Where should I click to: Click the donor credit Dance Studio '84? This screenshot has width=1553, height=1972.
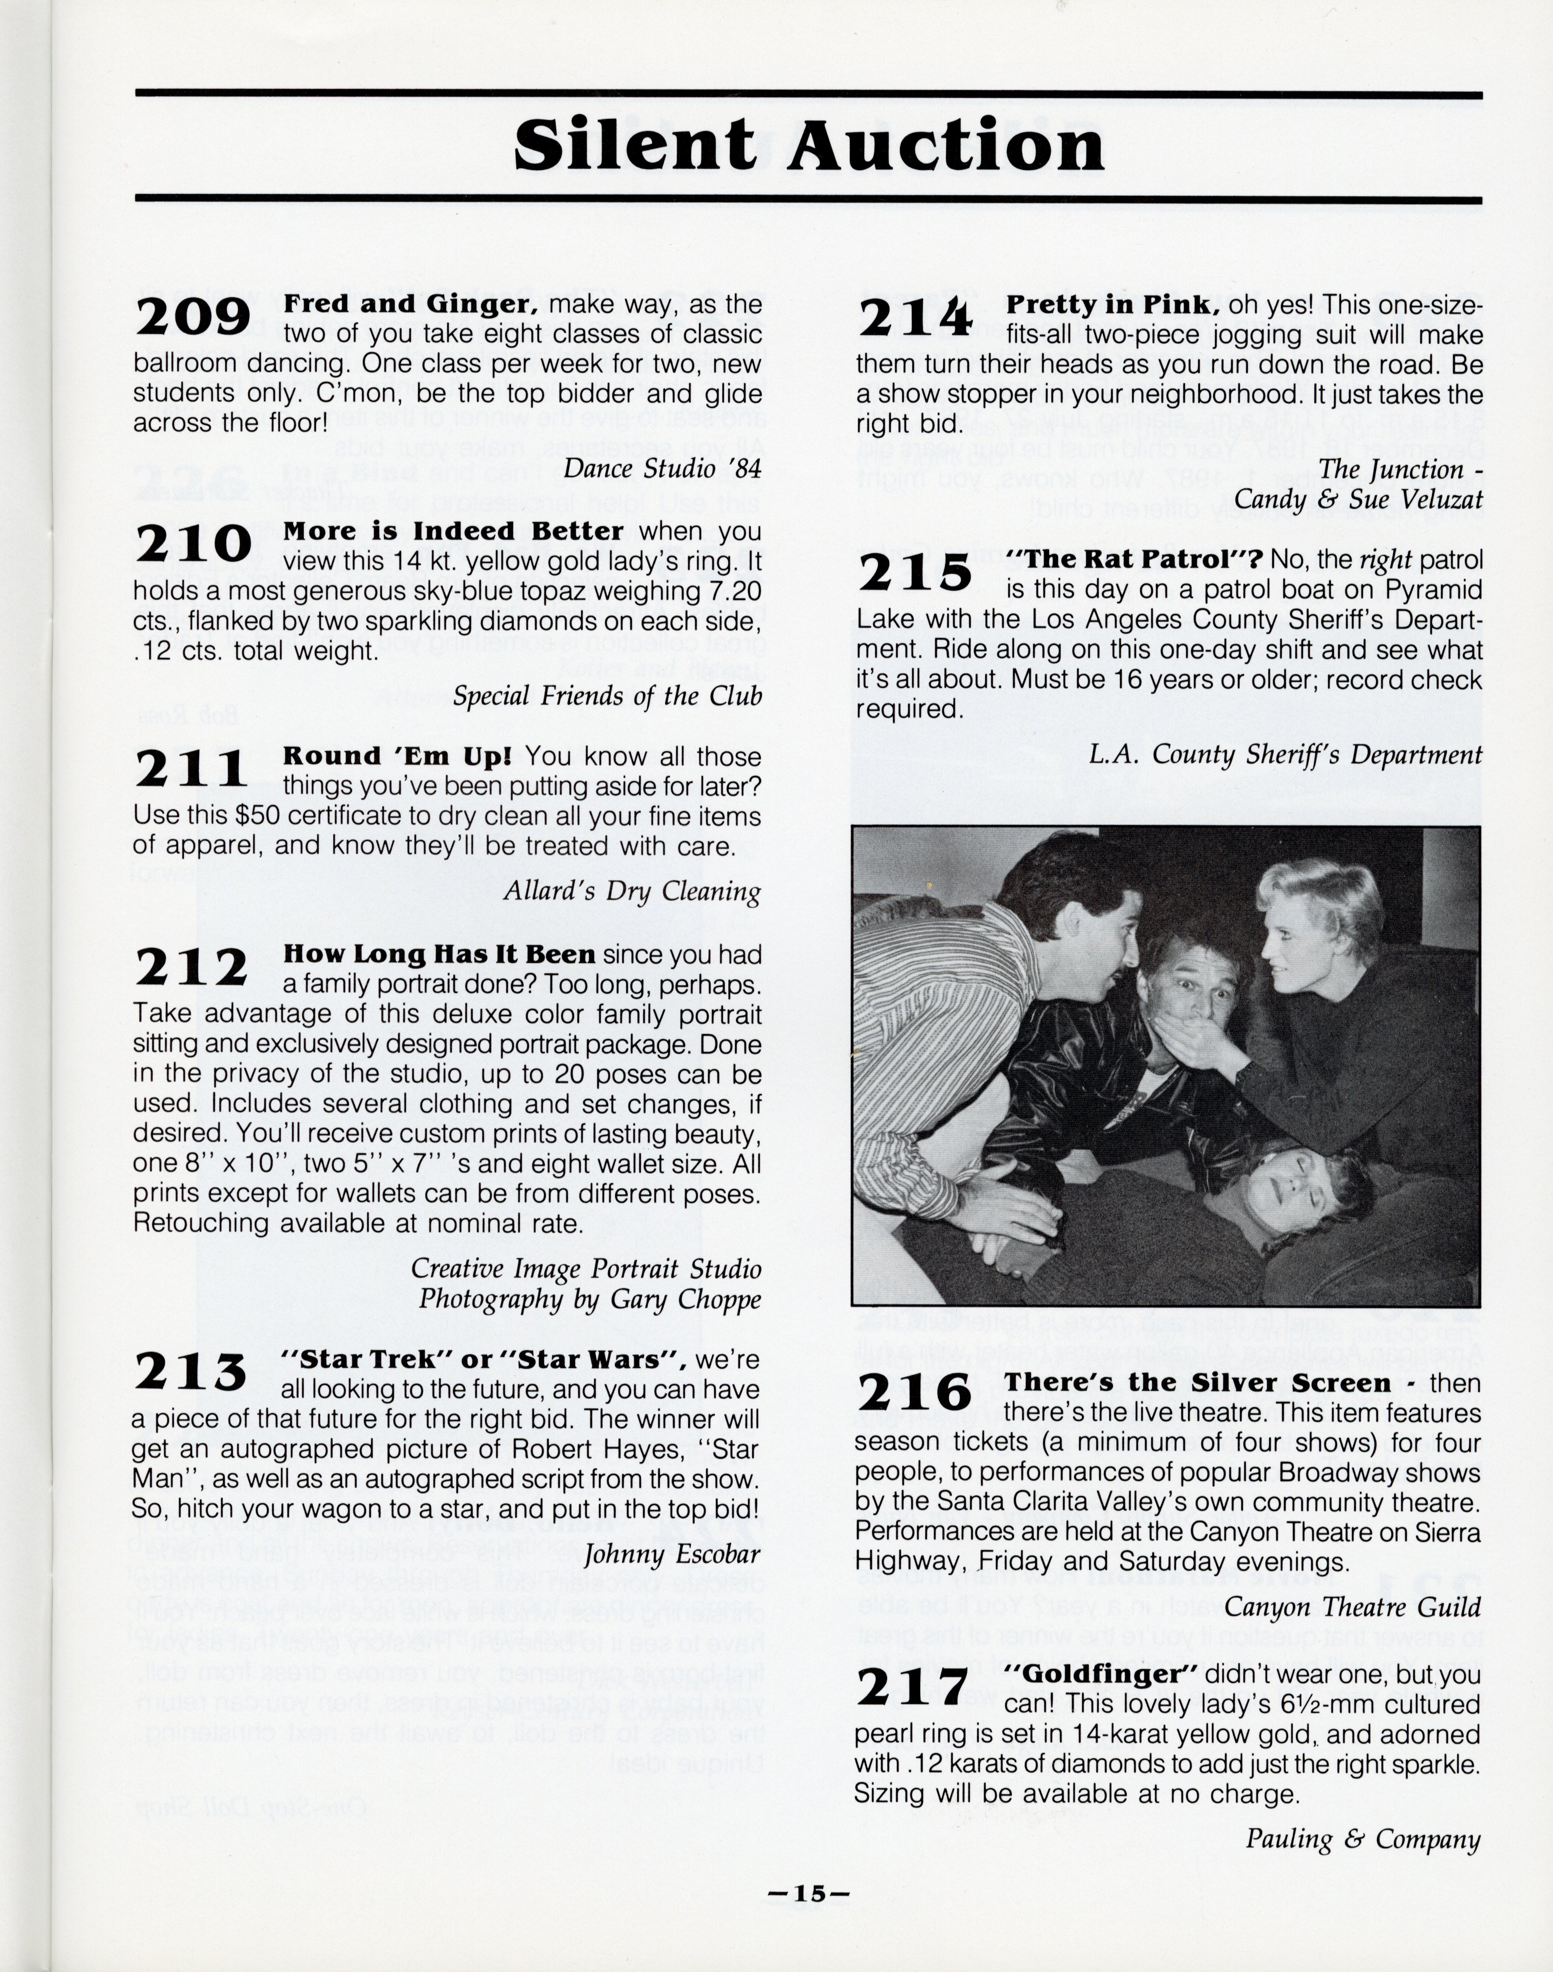(662, 468)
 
